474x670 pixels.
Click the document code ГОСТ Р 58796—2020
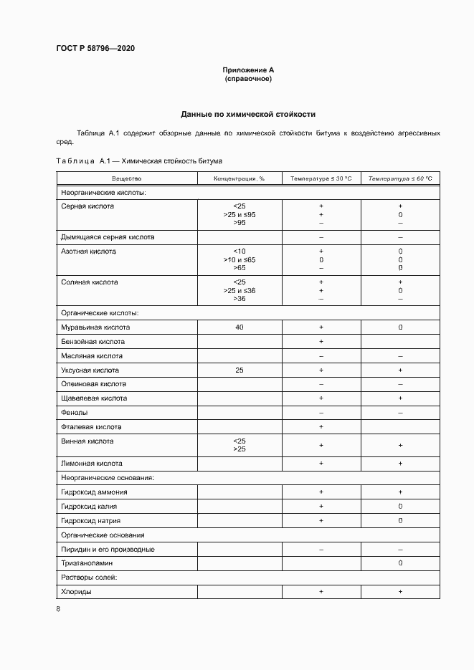click(x=95, y=48)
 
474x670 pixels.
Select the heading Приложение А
click(x=248, y=70)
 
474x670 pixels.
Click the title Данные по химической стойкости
click(x=248, y=114)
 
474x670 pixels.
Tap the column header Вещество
click(x=126, y=178)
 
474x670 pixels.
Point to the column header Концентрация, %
click(x=240, y=178)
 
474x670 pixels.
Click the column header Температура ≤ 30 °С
click(x=321, y=178)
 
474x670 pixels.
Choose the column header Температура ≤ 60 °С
click(x=400, y=178)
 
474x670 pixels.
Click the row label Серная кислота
click(x=88, y=206)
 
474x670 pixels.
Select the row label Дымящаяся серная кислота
click(x=108, y=236)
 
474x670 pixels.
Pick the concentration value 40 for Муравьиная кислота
click(x=240, y=327)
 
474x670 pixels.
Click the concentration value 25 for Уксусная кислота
click(x=240, y=370)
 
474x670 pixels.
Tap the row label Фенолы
click(x=75, y=413)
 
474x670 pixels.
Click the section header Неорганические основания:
click(x=108, y=477)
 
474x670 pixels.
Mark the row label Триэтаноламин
click(x=87, y=563)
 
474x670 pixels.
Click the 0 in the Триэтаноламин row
click(x=400, y=563)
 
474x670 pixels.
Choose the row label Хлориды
click(x=77, y=592)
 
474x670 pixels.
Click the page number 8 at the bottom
click(x=58, y=609)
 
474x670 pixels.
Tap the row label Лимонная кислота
click(x=92, y=464)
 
